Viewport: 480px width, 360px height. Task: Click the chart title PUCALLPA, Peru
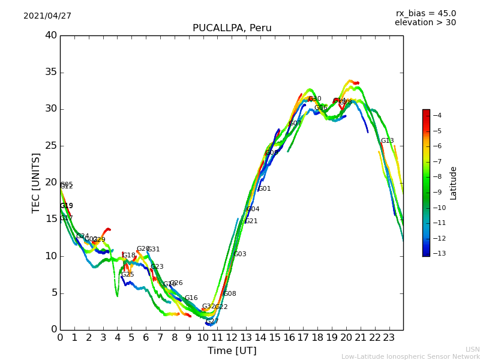232,28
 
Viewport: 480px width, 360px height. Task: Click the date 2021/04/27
47,16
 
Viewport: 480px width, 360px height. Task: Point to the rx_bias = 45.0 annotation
425,13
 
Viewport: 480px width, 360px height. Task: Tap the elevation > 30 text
425,23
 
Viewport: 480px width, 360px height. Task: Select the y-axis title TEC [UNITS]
36,182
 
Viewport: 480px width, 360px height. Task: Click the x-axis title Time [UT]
232,350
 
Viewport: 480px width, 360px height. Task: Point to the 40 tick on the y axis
51,35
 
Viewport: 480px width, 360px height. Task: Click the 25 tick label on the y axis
51,146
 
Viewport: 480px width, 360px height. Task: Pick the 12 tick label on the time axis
232,337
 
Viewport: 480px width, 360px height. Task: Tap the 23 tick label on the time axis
389,337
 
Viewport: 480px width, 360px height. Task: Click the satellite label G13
387,141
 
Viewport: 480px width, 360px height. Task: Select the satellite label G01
265,189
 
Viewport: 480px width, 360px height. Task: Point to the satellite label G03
240,254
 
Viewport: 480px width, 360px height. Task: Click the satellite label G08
230,294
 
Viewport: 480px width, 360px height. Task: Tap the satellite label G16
191,298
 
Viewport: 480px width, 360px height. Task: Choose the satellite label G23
157,267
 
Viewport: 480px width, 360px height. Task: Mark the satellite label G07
295,124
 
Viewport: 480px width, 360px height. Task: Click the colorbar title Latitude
454,182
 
